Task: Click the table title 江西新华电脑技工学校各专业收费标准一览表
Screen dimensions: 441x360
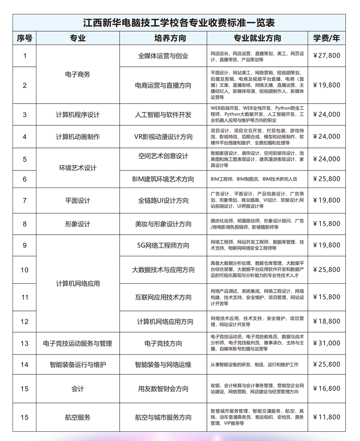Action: (179, 23)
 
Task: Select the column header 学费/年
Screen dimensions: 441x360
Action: (326, 38)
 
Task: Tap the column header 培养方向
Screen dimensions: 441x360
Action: (163, 38)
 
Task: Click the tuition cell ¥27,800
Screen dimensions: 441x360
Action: (326, 56)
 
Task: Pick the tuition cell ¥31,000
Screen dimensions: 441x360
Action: (326, 343)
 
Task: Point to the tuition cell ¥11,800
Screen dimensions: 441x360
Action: (326, 417)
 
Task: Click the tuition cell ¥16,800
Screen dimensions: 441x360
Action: (326, 389)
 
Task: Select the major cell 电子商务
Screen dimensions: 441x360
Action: (78, 75)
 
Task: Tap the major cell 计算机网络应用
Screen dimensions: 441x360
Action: (78, 284)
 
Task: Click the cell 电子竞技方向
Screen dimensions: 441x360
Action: (163, 343)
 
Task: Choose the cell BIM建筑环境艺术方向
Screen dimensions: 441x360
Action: (163, 179)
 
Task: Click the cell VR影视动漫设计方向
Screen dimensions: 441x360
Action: (163, 137)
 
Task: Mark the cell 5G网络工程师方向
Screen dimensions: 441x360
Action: (163, 246)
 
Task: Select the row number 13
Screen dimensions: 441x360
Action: (24, 343)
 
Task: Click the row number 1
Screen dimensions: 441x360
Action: (24, 56)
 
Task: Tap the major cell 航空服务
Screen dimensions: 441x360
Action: (78, 418)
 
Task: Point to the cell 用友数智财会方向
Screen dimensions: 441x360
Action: (163, 389)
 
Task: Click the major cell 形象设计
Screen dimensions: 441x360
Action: (78, 224)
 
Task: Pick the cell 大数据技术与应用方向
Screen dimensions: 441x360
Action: (163, 270)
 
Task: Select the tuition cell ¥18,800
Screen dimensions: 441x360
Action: (326, 321)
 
